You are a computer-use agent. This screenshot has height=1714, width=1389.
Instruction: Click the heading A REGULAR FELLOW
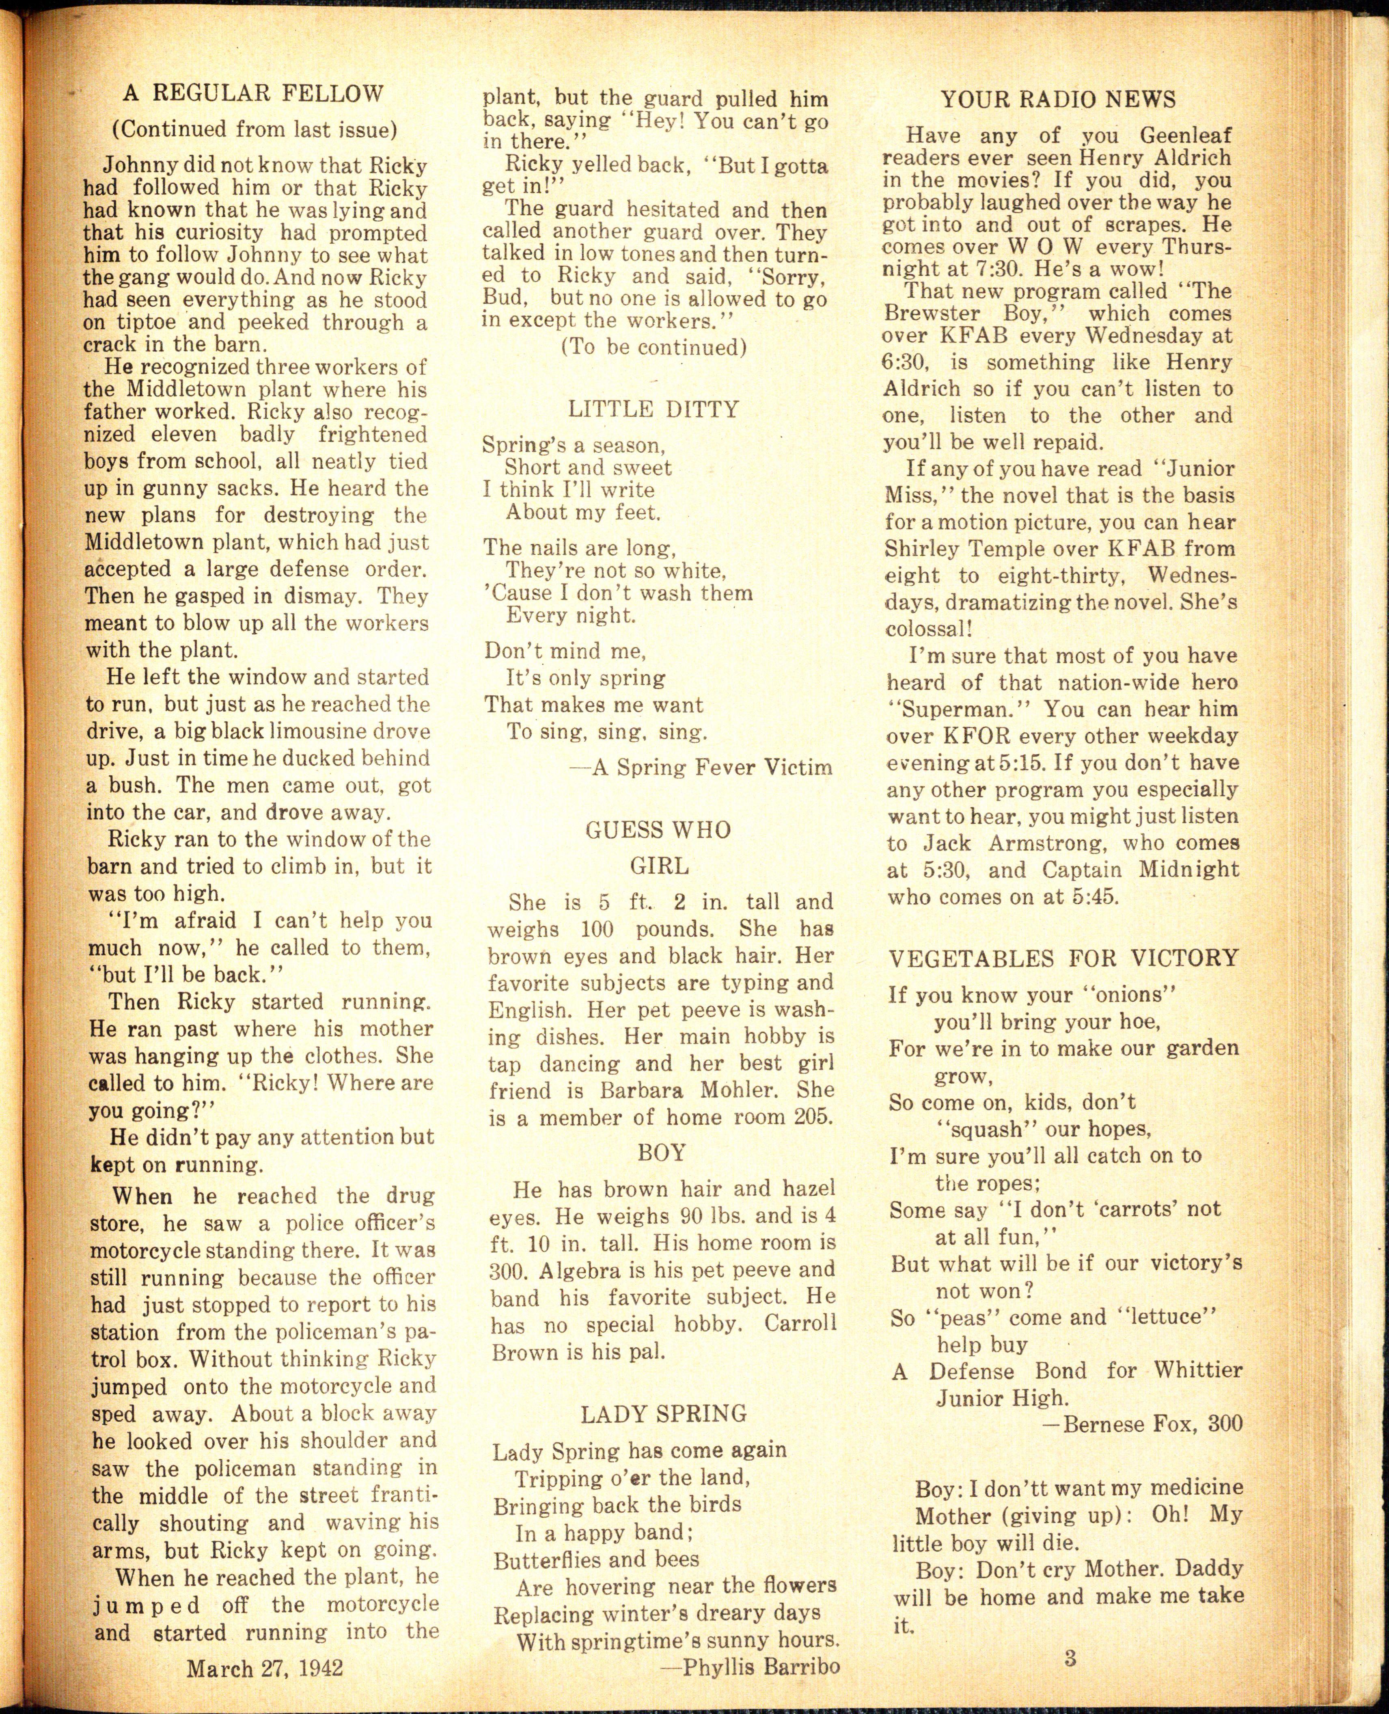click(253, 94)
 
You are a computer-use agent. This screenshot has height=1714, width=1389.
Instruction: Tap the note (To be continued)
click(654, 347)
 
